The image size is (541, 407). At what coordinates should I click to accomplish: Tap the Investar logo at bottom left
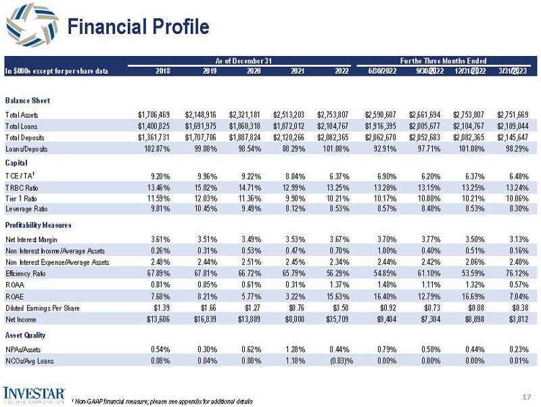coord(34,394)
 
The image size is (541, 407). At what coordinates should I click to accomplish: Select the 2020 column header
coord(254,71)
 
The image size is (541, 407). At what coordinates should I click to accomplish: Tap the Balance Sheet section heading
coord(27,101)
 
